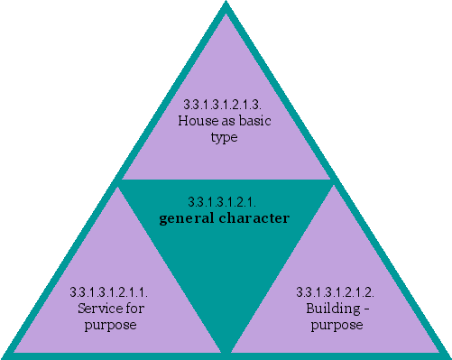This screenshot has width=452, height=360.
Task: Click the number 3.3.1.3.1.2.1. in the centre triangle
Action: pos(226,201)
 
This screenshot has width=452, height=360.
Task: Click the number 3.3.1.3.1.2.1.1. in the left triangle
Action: pos(109,292)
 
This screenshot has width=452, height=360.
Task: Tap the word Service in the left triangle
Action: pos(98,309)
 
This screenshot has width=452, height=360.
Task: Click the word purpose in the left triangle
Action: pos(110,324)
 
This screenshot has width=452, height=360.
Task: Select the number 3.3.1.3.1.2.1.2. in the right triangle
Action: pos(336,292)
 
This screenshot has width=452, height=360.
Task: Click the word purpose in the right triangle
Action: pos(337,324)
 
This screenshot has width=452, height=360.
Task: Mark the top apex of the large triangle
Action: pos(226,5)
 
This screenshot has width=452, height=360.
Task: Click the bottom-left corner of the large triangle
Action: pos(5,354)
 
